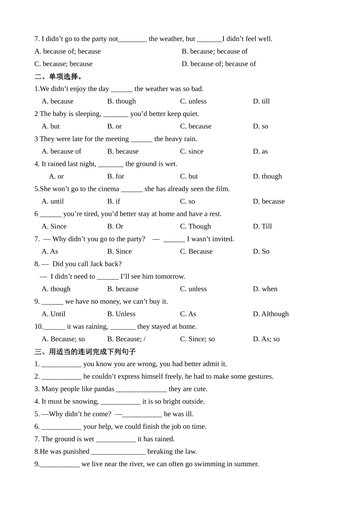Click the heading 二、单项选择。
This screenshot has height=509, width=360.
pyautogui.click(x=58, y=77)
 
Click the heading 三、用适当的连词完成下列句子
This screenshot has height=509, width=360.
pyautogui.click(x=85, y=351)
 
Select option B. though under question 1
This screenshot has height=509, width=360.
pyautogui.click(x=121, y=101)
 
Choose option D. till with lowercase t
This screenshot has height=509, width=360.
pyautogui.click(x=261, y=101)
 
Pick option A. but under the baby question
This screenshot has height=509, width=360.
pyautogui.click(x=51, y=126)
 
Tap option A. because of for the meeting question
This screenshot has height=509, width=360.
pyautogui.click(x=61, y=151)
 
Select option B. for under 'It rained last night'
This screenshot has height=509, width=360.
pyautogui.click(x=116, y=176)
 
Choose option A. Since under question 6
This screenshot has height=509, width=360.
pyautogui.click(x=54, y=226)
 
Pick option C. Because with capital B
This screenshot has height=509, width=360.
pyautogui.click(x=196, y=251)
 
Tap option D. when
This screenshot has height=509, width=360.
pyautogui.click(x=265, y=289)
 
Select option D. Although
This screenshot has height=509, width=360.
pyautogui.click(x=271, y=314)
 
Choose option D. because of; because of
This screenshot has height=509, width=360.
pyautogui.click(x=219, y=64)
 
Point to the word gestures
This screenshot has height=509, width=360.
pyautogui.click(x=260, y=376)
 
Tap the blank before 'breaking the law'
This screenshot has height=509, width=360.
pyautogui.click(x=118, y=451)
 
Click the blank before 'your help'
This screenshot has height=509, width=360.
pyautogui.click(x=61, y=426)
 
